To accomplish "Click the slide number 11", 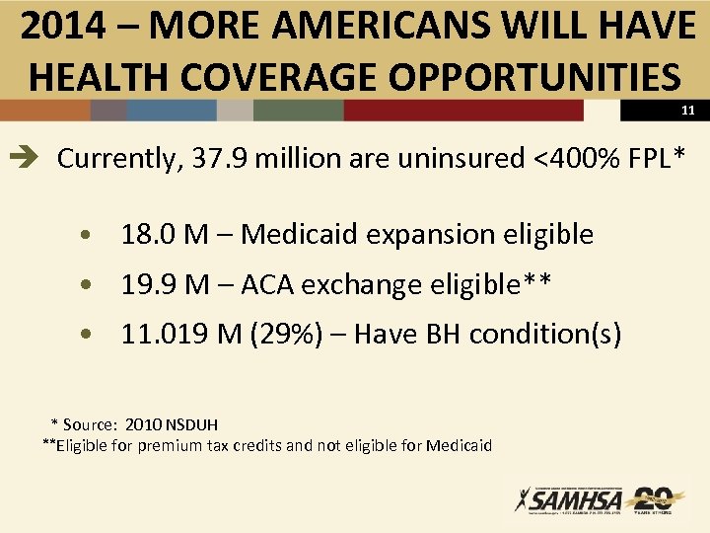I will coord(687,111).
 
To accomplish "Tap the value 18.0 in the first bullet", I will coord(148,235).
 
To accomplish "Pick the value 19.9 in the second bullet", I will coord(148,285).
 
